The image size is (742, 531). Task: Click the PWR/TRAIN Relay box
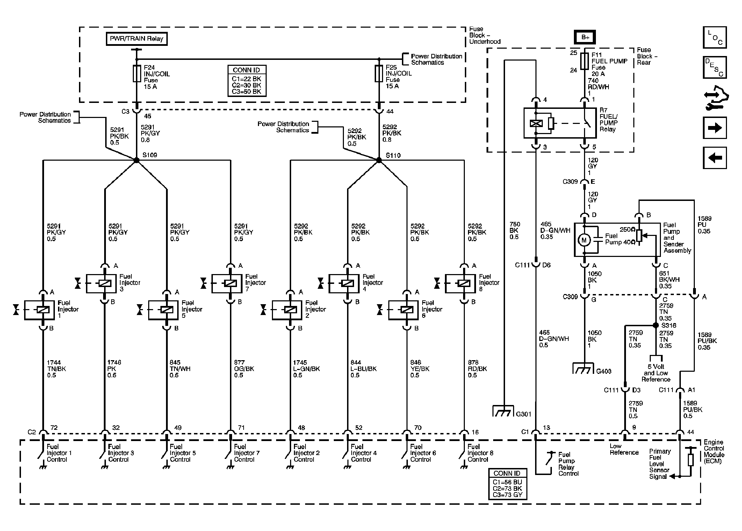tap(137, 39)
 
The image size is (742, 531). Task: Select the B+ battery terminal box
tap(585, 37)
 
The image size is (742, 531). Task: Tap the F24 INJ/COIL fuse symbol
tap(137, 74)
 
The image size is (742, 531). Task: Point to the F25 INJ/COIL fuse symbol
tap(379, 73)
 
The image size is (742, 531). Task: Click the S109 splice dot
tap(137, 160)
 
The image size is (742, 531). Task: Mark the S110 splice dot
tap(379, 160)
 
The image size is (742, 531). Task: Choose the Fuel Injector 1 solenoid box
tap(39, 310)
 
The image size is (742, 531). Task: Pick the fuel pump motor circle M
tap(584, 240)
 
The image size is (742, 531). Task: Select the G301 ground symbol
tap(503, 411)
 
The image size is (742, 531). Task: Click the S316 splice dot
tap(656, 325)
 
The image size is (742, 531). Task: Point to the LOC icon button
tap(714, 37)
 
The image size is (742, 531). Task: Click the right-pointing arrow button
tap(714, 128)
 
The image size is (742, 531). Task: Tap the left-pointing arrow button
tap(714, 158)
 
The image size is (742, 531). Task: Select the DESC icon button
tap(714, 68)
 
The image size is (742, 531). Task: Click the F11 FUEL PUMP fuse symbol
tap(584, 61)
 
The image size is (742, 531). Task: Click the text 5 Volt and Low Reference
tap(656, 373)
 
